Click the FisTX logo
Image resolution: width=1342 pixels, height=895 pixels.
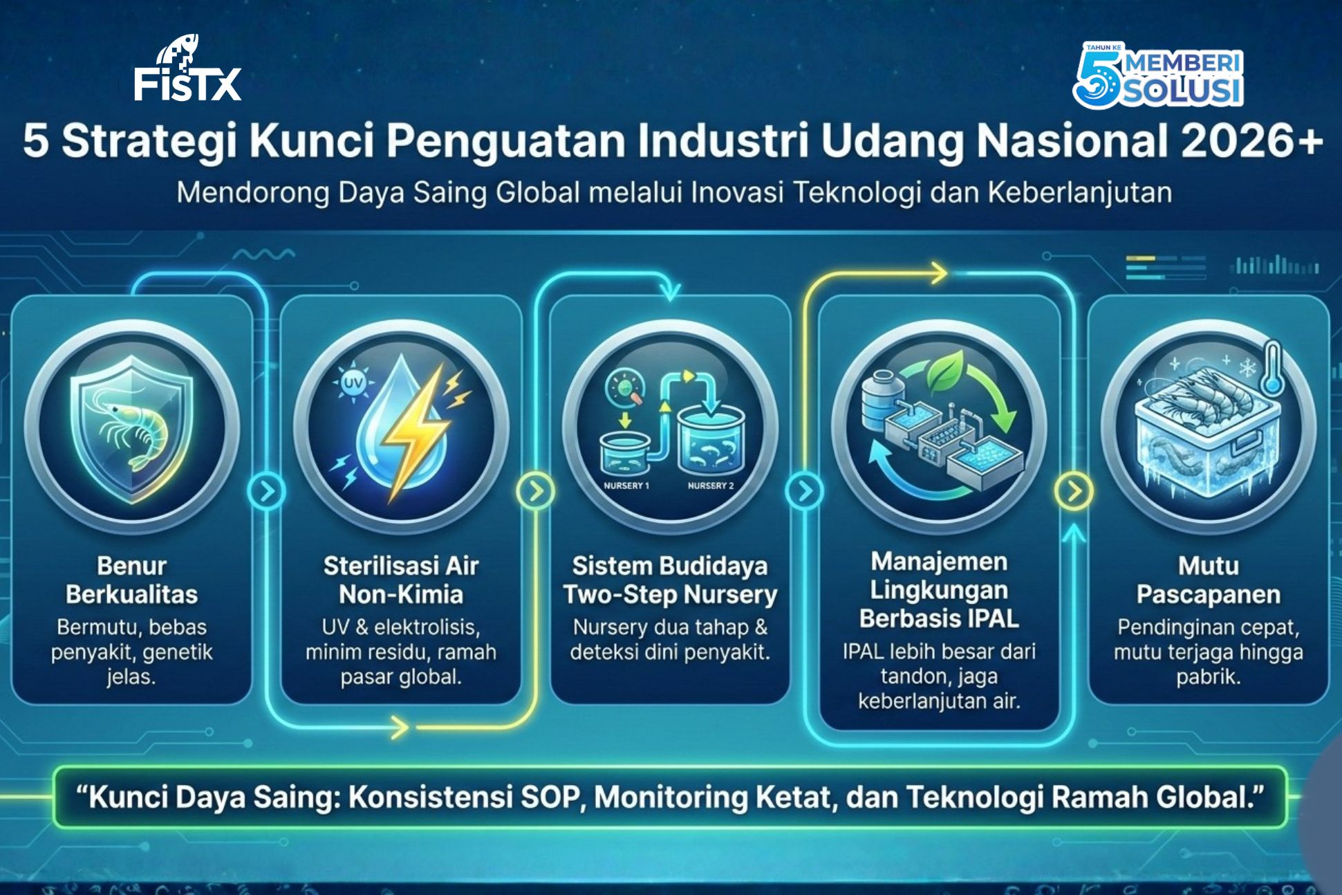[x=187, y=68]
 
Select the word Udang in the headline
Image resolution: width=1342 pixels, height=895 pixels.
[x=892, y=142]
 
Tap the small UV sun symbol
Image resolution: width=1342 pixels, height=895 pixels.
[x=353, y=382]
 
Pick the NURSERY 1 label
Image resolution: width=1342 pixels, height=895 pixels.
[x=626, y=486]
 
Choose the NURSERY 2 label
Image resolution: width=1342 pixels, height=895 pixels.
[x=711, y=486]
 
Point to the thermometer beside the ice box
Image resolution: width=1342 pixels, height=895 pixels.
[x=1271, y=368]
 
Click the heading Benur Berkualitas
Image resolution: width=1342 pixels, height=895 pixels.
[x=132, y=580]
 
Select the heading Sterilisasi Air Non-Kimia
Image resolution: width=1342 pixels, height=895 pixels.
[x=401, y=580]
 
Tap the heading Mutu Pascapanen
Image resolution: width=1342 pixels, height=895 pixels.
[x=1209, y=580]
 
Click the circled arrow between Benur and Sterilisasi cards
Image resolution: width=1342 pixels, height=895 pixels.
[x=267, y=491]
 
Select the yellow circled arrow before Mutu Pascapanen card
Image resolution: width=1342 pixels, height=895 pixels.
[x=1074, y=491]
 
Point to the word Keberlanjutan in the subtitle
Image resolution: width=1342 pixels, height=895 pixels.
[x=1080, y=192]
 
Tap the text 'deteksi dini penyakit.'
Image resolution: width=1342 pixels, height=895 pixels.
[x=670, y=652]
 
